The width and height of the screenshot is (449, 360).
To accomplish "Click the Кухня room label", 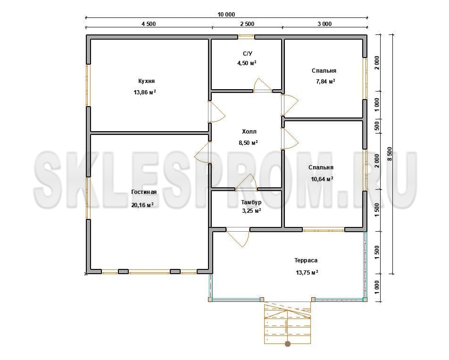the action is point(146,81).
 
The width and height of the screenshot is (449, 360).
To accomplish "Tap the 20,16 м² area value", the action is point(142,205).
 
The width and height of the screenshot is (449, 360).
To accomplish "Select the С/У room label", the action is point(248,54).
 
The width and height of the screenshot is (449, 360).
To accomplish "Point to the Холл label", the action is point(249,132).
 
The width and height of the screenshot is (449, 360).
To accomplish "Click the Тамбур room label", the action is point(251,202).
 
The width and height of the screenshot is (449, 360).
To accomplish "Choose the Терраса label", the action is point(306,260).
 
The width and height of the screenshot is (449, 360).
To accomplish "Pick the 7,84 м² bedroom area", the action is point(325,81).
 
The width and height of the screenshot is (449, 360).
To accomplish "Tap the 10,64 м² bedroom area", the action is point(322,179).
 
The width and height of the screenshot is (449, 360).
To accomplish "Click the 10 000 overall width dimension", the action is point(226,15).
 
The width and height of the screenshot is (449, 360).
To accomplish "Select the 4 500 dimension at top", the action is point(149,24).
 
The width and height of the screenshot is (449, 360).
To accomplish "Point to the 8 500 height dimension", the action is point(390,154).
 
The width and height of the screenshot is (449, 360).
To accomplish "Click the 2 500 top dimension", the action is point(247,24).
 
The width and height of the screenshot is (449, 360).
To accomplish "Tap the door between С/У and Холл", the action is point(263,85).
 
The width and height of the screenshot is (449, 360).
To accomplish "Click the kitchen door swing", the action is point(217,112).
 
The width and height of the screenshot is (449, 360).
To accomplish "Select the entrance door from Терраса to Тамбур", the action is point(238,237).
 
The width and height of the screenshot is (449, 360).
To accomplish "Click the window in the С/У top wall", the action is point(246,37).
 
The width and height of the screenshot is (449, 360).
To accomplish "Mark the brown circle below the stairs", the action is point(288,343).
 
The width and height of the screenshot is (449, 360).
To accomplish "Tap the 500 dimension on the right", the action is point(377,126).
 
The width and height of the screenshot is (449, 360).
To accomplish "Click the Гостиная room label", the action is point(144,192).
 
